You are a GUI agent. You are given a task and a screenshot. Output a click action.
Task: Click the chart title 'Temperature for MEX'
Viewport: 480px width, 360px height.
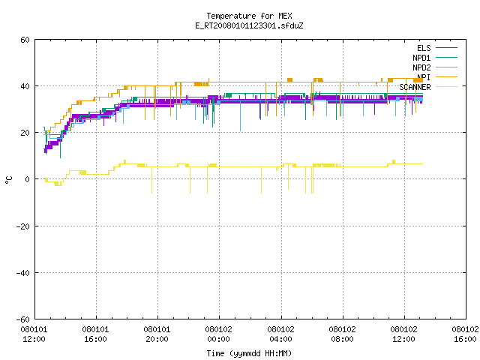[249, 16]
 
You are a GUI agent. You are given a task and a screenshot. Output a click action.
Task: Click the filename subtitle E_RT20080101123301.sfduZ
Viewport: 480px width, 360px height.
[249, 25]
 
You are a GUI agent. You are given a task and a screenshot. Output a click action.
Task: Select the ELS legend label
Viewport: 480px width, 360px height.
[424, 48]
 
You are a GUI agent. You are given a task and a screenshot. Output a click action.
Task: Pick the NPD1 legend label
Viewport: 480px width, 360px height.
[421, 58]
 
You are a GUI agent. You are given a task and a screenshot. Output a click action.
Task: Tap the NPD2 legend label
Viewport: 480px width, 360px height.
[421, 67]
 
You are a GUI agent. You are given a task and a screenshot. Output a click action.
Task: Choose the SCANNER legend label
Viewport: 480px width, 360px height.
[415, 87]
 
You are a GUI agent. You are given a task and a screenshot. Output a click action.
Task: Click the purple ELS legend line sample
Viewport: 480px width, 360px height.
[446, 48]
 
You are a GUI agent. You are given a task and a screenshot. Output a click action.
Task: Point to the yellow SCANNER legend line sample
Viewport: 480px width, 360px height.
[446, 87]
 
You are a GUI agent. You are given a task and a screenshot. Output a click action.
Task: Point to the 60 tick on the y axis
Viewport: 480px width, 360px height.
[25, 40]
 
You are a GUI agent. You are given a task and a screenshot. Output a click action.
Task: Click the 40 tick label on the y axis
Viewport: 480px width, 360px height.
[25, 86]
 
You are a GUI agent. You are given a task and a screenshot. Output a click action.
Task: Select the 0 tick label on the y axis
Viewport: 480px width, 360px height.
[28, 179]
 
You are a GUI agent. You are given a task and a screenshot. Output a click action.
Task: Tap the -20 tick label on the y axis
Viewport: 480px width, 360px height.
[23, 226]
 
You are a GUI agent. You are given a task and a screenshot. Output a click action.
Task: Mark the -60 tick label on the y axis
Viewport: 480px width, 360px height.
[23, 319]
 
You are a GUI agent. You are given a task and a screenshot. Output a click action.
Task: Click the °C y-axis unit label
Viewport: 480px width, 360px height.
[8, 180]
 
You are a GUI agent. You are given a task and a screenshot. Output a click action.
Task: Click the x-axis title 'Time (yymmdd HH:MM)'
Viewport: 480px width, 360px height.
[249, 353]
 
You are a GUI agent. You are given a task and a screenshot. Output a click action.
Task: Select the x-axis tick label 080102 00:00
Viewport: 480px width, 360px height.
[218, 334]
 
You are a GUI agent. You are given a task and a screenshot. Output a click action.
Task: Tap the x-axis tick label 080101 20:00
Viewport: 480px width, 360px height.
[157, 334]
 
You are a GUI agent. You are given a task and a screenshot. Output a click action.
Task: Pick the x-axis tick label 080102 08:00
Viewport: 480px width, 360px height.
[342, 334]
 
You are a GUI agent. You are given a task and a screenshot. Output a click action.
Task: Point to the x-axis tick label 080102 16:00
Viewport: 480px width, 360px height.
[465, 334]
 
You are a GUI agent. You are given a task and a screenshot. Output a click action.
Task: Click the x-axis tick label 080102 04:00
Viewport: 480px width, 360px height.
[280, 334]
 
